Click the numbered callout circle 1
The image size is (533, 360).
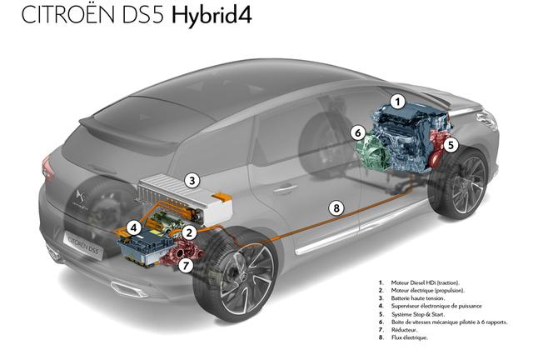397,102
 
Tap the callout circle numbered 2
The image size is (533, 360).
189,232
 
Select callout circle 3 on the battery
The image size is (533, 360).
192,180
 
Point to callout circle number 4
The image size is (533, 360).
134,228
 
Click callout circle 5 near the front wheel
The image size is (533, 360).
451,145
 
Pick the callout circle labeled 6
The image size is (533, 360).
357,132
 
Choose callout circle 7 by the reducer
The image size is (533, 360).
186,265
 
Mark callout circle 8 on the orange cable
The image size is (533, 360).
336,207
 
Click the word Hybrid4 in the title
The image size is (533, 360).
212,16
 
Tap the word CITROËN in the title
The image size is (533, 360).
67,15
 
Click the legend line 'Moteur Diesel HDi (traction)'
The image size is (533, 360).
425,282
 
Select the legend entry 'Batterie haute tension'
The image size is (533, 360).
418,298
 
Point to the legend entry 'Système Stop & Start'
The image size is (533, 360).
418,314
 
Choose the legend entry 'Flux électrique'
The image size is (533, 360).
409,337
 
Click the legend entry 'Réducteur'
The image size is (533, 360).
404,330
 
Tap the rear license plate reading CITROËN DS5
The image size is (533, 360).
82,244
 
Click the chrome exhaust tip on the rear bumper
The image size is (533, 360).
129,289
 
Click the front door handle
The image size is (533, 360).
285,188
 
